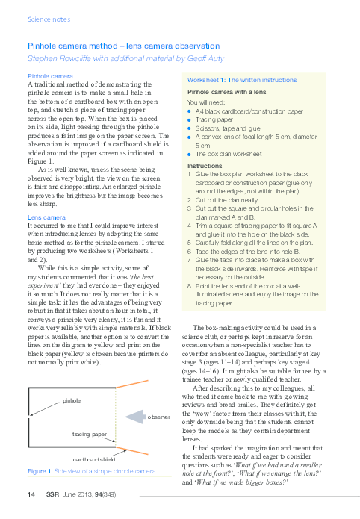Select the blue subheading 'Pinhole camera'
tap(50, 77)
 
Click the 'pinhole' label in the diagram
tap(72, 400)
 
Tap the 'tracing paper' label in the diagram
tap(89, 433)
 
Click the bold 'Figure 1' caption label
tap(38, 471)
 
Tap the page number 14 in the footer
tap(31, 494)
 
